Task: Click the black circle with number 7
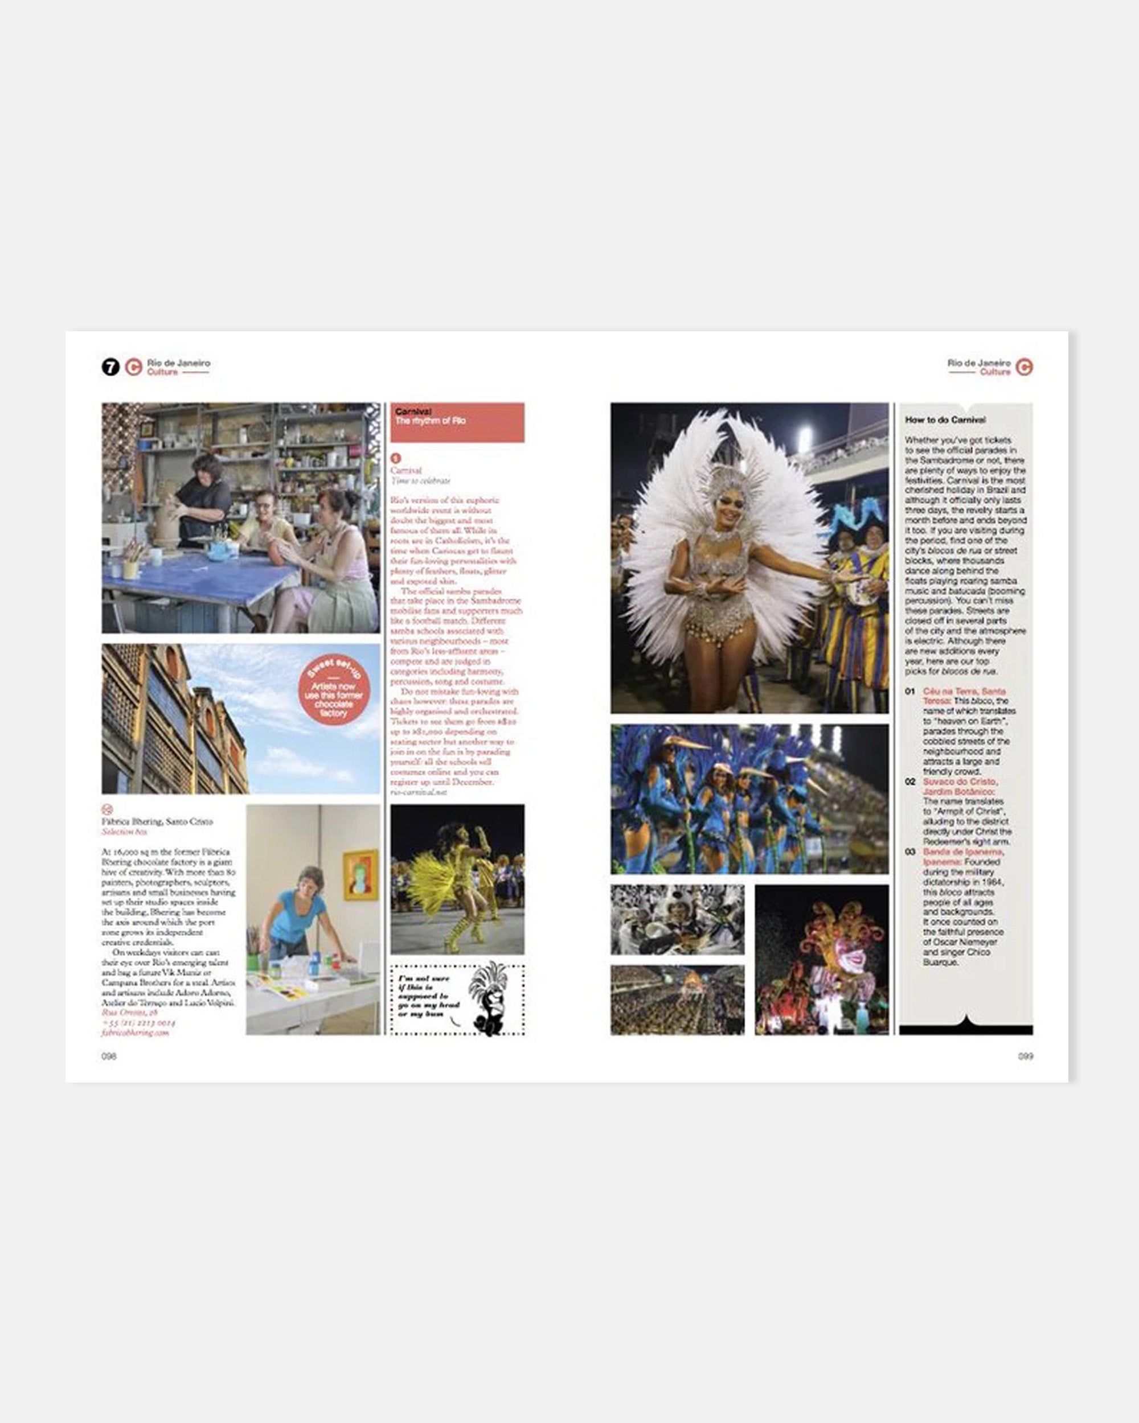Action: click(110, 367)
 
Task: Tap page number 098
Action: click(109, 1056)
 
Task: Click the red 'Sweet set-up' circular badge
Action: click(334, 690)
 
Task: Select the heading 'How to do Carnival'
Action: click(945, 420)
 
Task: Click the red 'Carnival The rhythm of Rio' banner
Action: click(457, 422)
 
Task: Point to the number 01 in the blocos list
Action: click(910, 691)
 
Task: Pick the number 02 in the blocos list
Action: click(910, 782)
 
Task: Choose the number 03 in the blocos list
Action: click(910, 852)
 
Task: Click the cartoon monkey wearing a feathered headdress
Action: click(488, 998)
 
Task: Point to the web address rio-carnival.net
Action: click(419, 791)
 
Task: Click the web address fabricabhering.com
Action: click(136, 1033)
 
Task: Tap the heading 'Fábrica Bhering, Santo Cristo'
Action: click(157, 822)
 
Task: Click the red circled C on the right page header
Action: click(1024, 367)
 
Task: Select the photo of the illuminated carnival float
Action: click(821, 960)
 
